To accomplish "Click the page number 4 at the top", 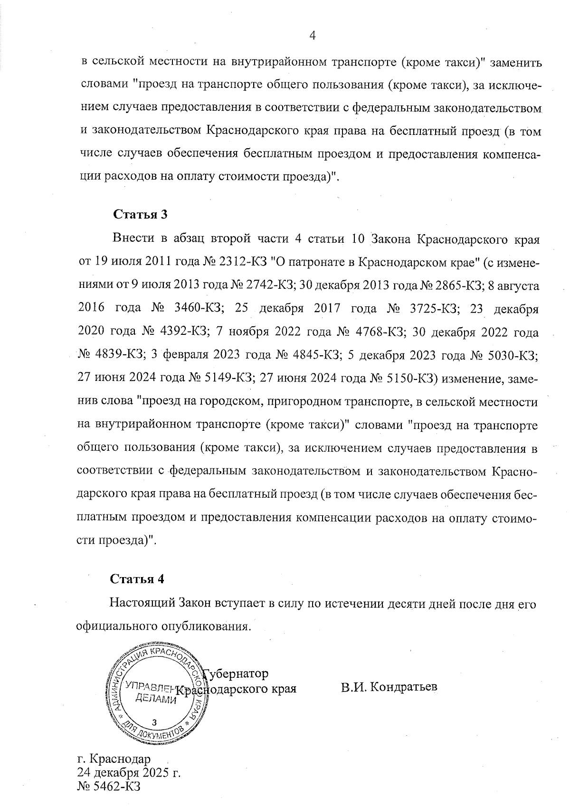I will coord(313,35).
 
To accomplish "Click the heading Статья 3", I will coord(141,214).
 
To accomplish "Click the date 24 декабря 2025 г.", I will coord(129,772).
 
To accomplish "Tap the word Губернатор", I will coord(236,673).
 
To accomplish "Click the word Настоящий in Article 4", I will coord(142,604).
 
